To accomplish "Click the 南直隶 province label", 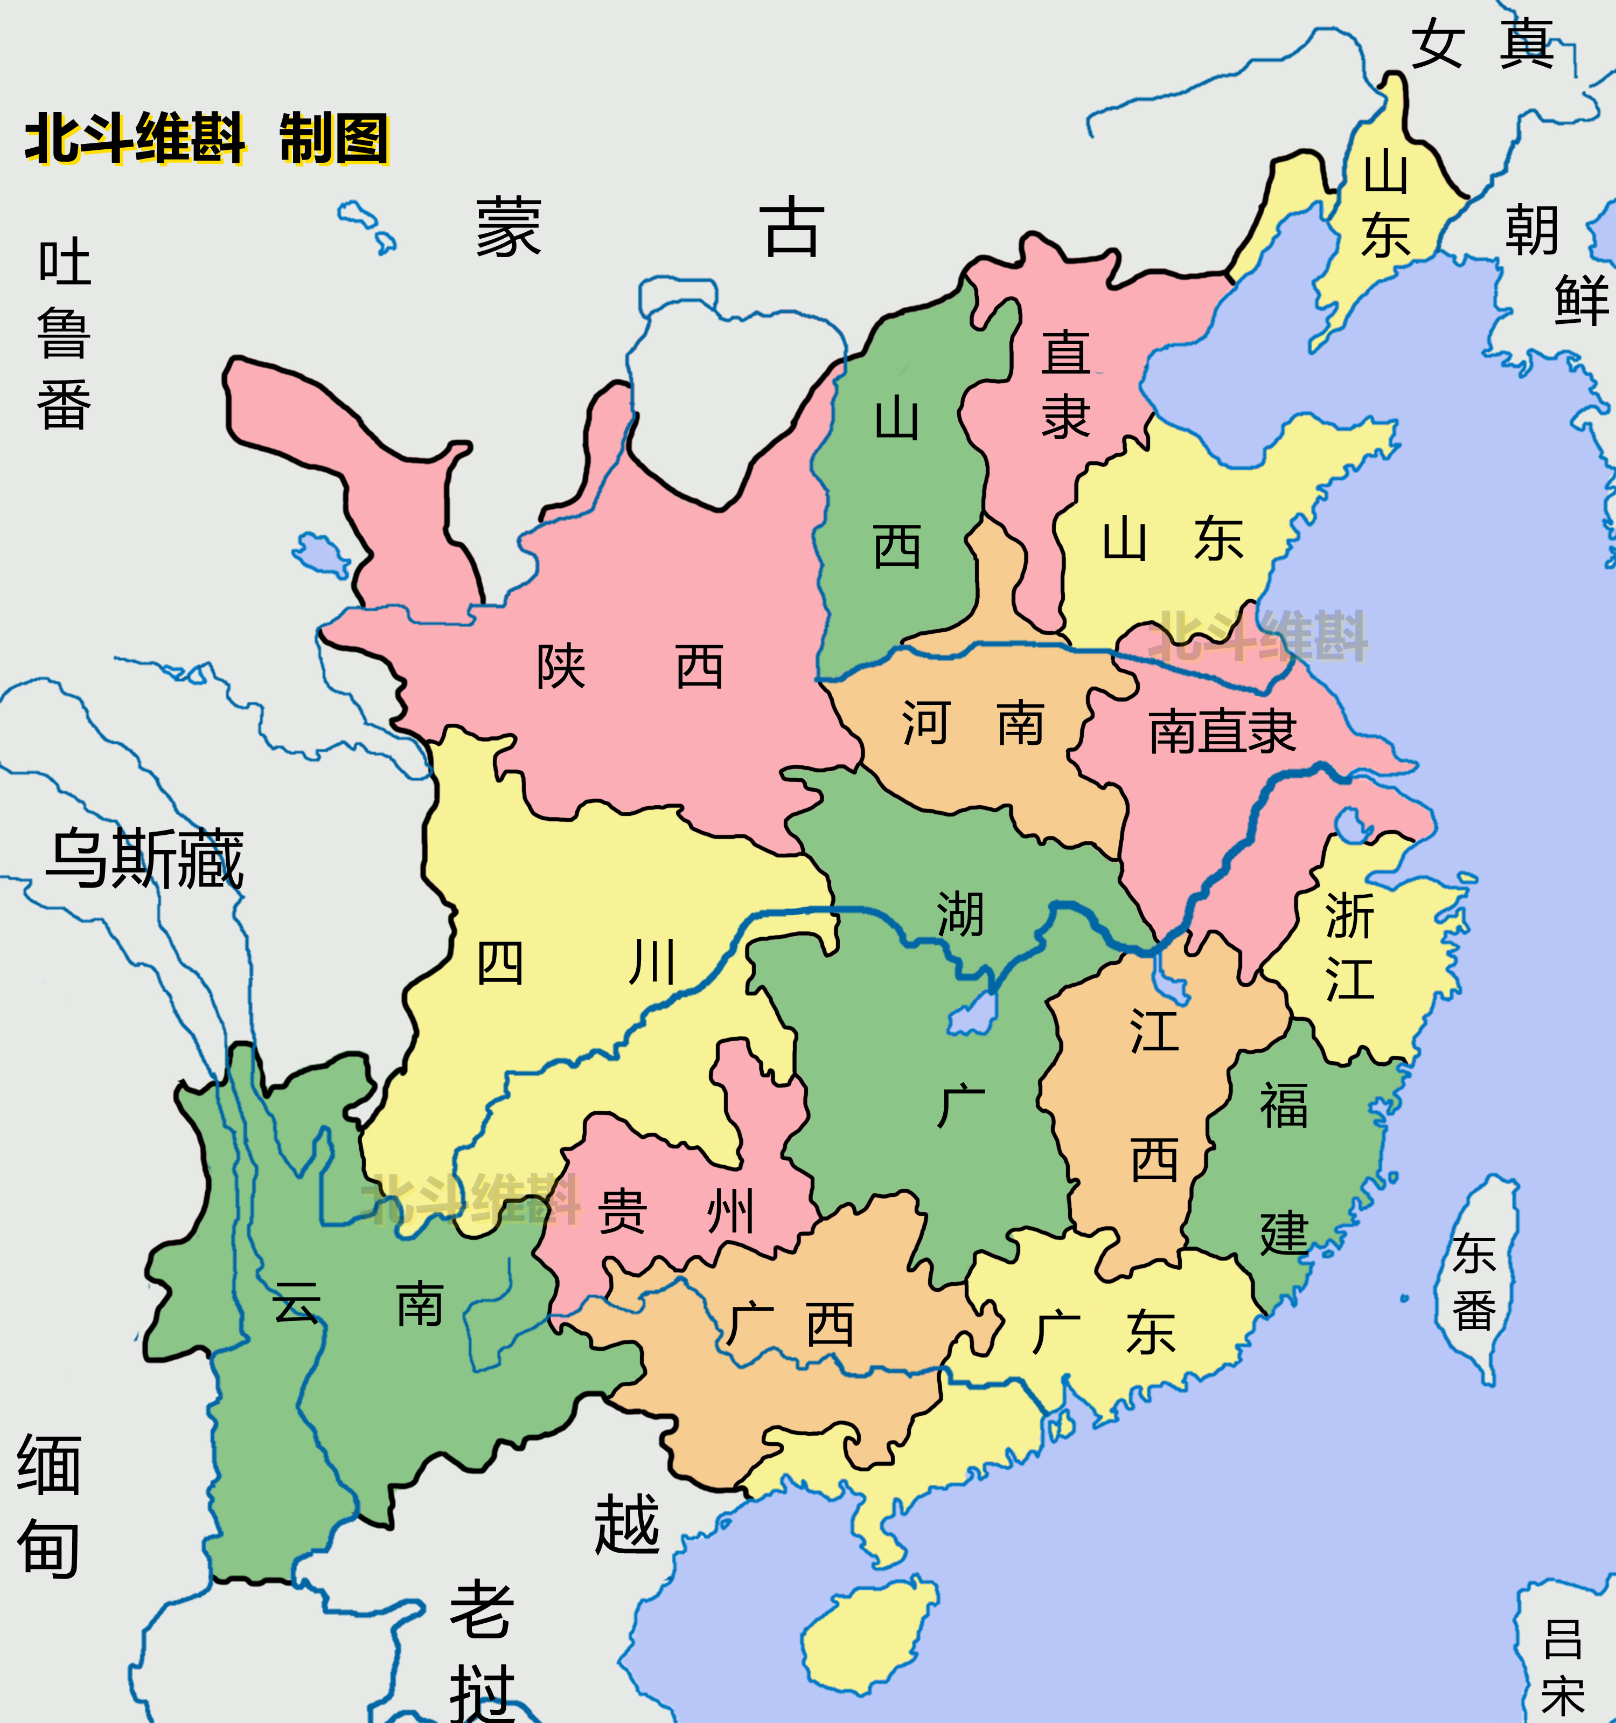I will click(x=1222, y=731).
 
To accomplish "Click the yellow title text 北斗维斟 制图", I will click(x=206, y=139).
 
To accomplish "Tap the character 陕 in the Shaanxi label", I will click(x=561, y=667).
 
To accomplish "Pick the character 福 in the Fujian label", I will click(x=1283, y=1106).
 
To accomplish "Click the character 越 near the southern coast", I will click(x=626, y=1525).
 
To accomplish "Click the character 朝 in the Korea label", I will click(x=1532, y=231).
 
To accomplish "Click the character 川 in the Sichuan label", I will click(x=652, y=963).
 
